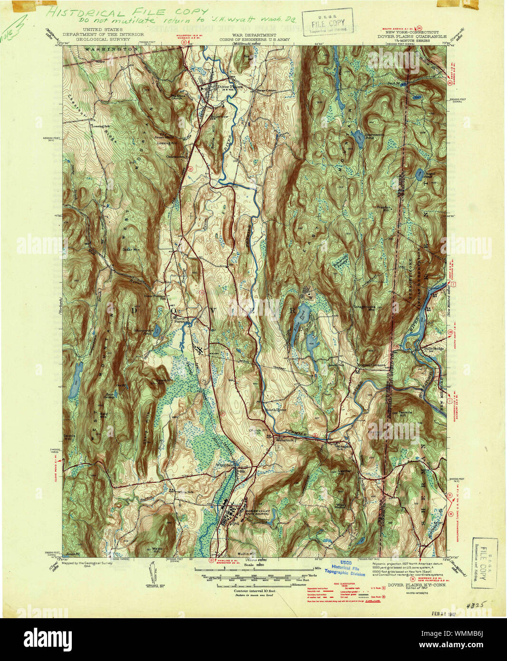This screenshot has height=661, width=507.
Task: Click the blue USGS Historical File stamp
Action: [348, 568]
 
